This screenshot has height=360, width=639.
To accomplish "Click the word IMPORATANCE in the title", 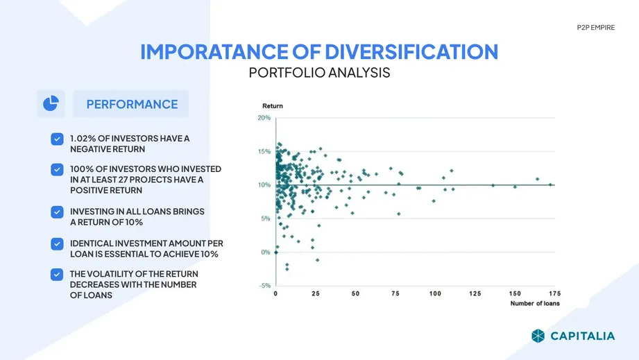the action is coord(214,52).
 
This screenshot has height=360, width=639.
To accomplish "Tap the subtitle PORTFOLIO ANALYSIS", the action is coord(319,73).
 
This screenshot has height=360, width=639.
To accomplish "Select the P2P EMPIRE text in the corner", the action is coord(596,27).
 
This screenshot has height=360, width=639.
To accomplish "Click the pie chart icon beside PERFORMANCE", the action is coord(51,103).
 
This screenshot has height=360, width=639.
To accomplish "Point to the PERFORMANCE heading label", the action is coord(132,104).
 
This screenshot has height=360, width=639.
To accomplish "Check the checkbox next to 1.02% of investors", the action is coord(57,139).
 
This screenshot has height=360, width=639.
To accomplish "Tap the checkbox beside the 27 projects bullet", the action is coord(57,169).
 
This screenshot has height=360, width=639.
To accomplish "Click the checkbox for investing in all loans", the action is coord(57,212).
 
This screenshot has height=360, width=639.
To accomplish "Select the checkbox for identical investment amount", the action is coord(57,244).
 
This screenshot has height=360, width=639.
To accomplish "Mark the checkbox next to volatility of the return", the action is coord(57,275).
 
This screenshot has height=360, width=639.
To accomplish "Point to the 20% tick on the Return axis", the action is coord(264,118).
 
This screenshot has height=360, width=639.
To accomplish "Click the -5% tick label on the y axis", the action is coord(265,286).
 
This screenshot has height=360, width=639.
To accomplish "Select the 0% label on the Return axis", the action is coord(266,252).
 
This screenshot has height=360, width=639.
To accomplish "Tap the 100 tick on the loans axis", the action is coord(435,293).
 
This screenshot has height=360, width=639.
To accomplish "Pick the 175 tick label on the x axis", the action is coord(554,293).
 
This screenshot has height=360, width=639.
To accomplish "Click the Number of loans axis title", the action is coord(535,303).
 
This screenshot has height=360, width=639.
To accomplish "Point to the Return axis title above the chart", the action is coord(273,106).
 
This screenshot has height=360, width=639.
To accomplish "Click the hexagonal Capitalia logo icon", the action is coord(538,336).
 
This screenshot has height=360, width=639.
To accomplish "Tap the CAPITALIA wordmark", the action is coord(583,336).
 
